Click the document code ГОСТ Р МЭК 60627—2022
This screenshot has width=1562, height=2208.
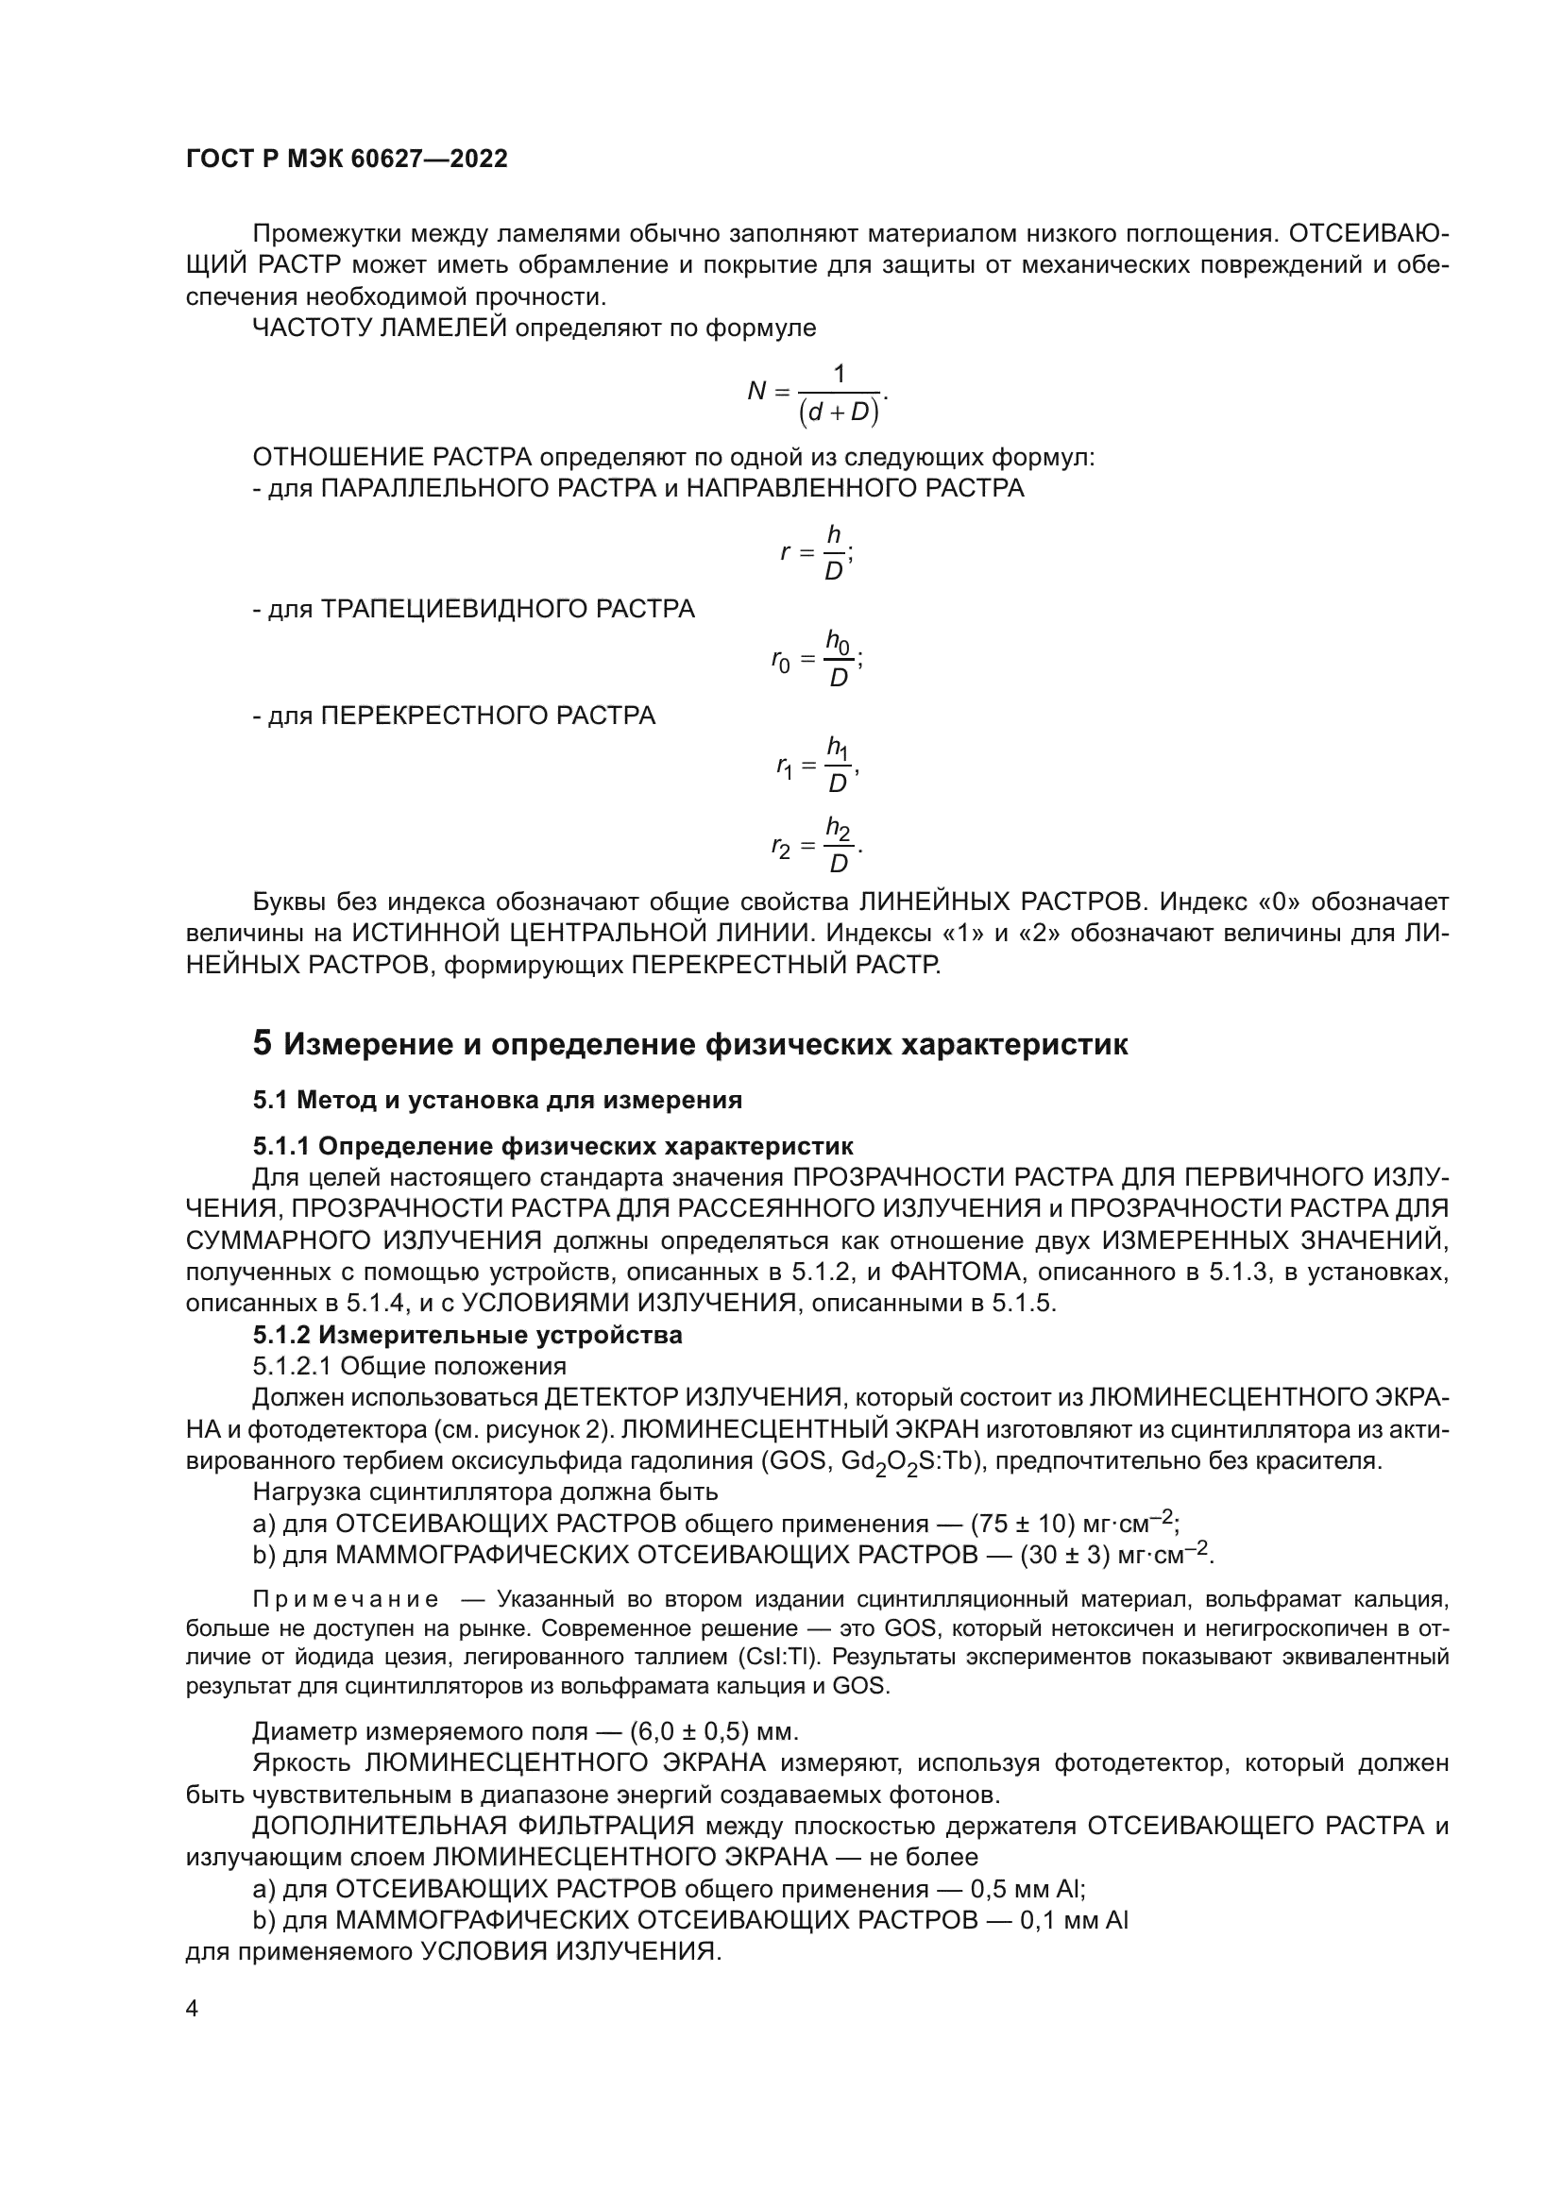(347, 160)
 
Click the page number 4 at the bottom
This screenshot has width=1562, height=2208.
(192, 2009)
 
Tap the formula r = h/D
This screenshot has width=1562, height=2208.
(818, 553)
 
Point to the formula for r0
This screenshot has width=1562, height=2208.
(817, 659)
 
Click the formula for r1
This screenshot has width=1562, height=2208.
(817, 765)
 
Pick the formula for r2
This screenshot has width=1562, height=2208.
(817, 846)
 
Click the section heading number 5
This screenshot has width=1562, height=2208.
(263, 1043)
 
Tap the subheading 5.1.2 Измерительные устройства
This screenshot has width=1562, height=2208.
(467, 1335)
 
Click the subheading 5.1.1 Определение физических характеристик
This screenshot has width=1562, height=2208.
(553, 1146)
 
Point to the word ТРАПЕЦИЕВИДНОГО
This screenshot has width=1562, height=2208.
(507, 609)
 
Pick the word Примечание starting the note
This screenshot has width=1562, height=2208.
(347, 1599)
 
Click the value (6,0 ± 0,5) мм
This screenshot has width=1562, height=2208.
(713, 1732)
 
